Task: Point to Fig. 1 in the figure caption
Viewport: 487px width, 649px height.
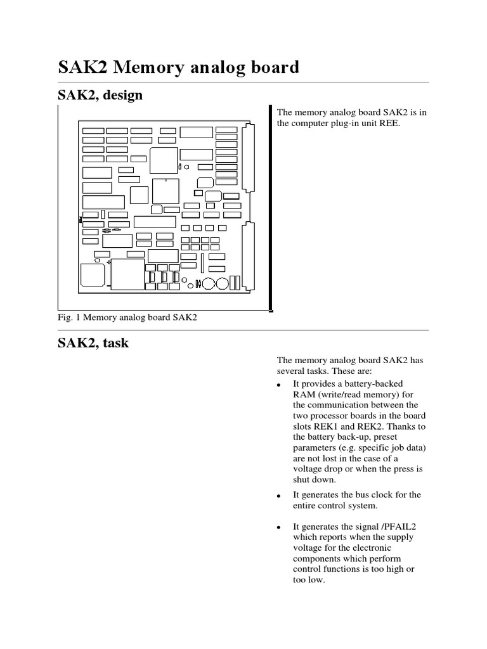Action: click(x=69, y=317)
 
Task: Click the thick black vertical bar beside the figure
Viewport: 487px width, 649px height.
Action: click(x=271, y=209)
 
